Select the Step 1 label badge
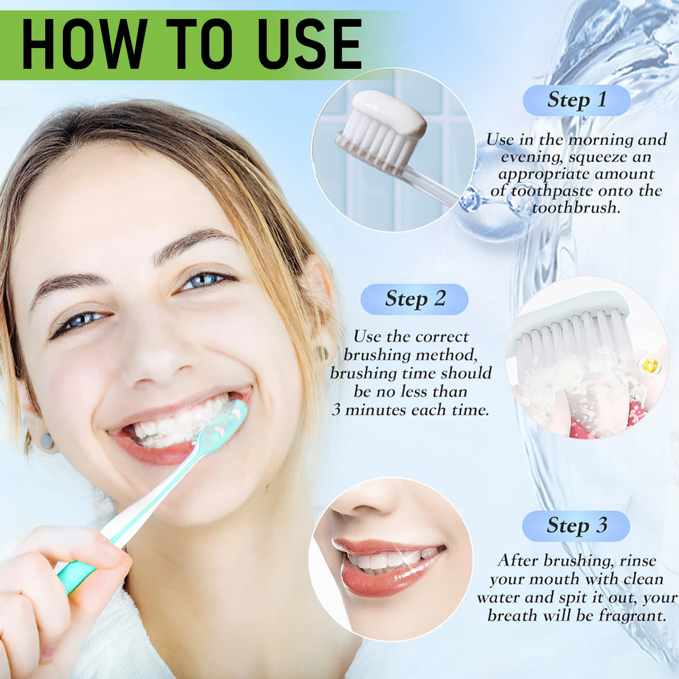[577, 100]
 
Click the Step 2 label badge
[414, 299]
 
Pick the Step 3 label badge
[576, 526]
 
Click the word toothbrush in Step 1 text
[575, 208]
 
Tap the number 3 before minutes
[336, 410]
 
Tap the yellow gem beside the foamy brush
[650, 363]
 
